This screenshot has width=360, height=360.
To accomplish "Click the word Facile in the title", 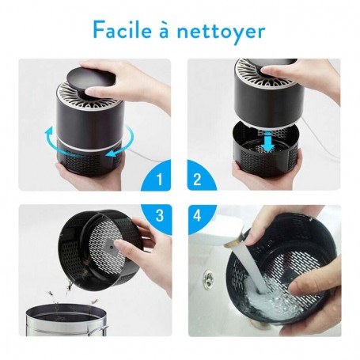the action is (123, 30).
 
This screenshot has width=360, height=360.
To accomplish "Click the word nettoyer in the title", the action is (221, 32).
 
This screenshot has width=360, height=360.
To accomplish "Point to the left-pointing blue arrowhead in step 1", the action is (111, 153).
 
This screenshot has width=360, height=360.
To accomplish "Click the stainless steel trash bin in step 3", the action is (66, 320).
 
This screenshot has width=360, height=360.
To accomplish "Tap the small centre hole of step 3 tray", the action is (112, 248).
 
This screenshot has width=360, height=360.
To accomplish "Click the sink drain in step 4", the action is (208, 278).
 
